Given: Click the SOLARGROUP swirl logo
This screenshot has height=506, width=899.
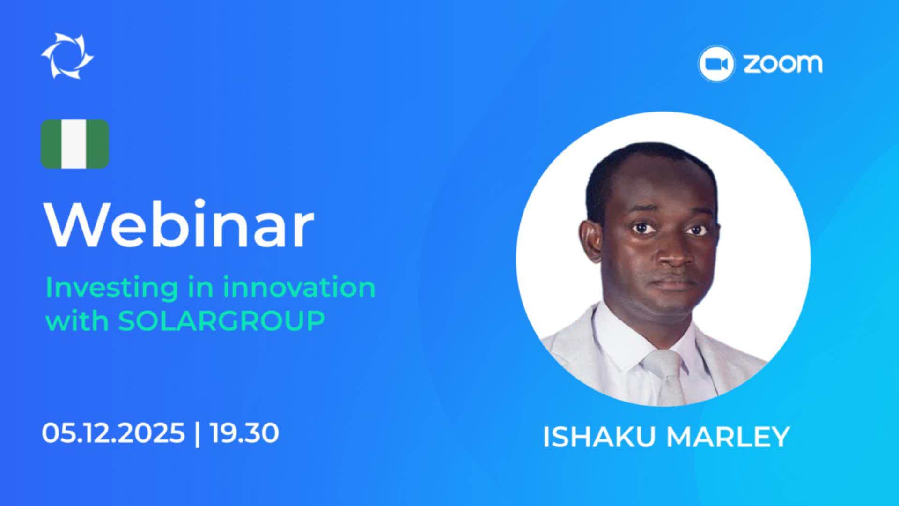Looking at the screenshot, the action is [x=67, y=56].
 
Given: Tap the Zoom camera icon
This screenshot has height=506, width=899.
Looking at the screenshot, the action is [x=715, y=64].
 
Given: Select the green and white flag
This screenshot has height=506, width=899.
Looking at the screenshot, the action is [x=75, y=144].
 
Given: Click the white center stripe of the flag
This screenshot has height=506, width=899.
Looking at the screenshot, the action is [x=75, y=144].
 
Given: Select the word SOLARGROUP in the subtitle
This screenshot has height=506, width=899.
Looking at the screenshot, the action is [x=221, y=321].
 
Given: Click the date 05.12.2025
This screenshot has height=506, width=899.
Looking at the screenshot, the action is [x=113, y=433].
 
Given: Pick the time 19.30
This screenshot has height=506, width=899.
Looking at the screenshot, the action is [x=244, y=433].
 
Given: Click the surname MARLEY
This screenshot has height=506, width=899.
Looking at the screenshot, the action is [x=728, y=437].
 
